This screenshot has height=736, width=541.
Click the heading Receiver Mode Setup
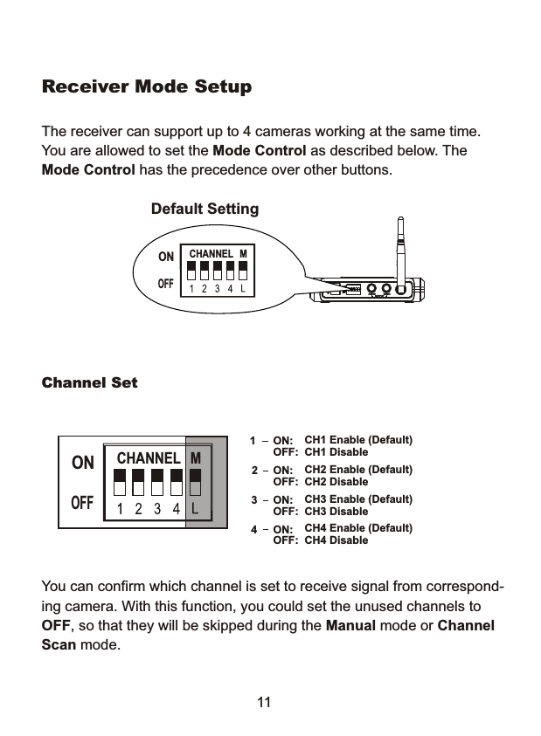(x=147, y=88)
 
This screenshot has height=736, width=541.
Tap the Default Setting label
(x=205, y=210)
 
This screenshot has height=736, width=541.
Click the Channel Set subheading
(x=90, y=383)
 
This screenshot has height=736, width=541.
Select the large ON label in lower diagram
(x=83, y=464)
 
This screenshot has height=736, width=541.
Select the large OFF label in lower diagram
(x=83, y=504)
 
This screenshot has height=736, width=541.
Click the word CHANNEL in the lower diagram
(x=149, y=458)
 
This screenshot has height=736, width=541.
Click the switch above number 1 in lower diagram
(x=121, y=481)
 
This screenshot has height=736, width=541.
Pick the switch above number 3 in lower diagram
(x=157, y=481)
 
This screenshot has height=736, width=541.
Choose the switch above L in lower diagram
(x=196, y=481)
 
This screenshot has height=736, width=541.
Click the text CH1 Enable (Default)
(x=357, y=439)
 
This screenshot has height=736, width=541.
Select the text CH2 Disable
(x=336, y=482)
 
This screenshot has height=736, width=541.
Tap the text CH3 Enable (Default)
(x=357, y=499)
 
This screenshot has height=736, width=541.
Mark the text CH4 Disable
(x=336, y=540)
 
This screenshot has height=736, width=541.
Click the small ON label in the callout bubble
(x=166, y=258)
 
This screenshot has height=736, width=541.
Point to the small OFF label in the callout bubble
(x=166, y=284)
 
